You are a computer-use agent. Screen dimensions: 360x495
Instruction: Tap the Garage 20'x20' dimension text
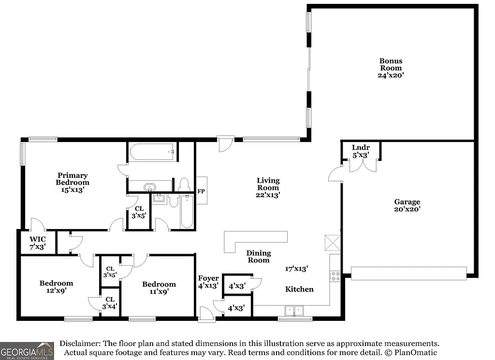(407, 209)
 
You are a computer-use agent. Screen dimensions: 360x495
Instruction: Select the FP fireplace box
(201, 191)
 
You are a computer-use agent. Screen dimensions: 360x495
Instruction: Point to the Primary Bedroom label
(73, 179)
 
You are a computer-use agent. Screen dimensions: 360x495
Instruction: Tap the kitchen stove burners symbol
(335, 276)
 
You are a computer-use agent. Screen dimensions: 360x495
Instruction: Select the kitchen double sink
(294, 310)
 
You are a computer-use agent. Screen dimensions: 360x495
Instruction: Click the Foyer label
(208, 278)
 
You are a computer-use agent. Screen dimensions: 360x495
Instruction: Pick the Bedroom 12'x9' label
(57, 283)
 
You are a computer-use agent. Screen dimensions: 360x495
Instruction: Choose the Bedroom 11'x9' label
(159, 284)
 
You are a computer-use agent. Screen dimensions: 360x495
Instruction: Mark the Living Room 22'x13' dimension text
(268, 195)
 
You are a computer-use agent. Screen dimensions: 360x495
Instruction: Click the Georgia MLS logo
(27, 350)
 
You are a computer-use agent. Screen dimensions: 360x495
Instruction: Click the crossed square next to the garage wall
(333, 243)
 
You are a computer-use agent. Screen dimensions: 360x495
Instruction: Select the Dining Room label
(259, 257)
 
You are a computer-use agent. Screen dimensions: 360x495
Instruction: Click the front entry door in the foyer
(206, 314)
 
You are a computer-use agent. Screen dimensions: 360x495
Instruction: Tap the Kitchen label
(299, 289)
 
